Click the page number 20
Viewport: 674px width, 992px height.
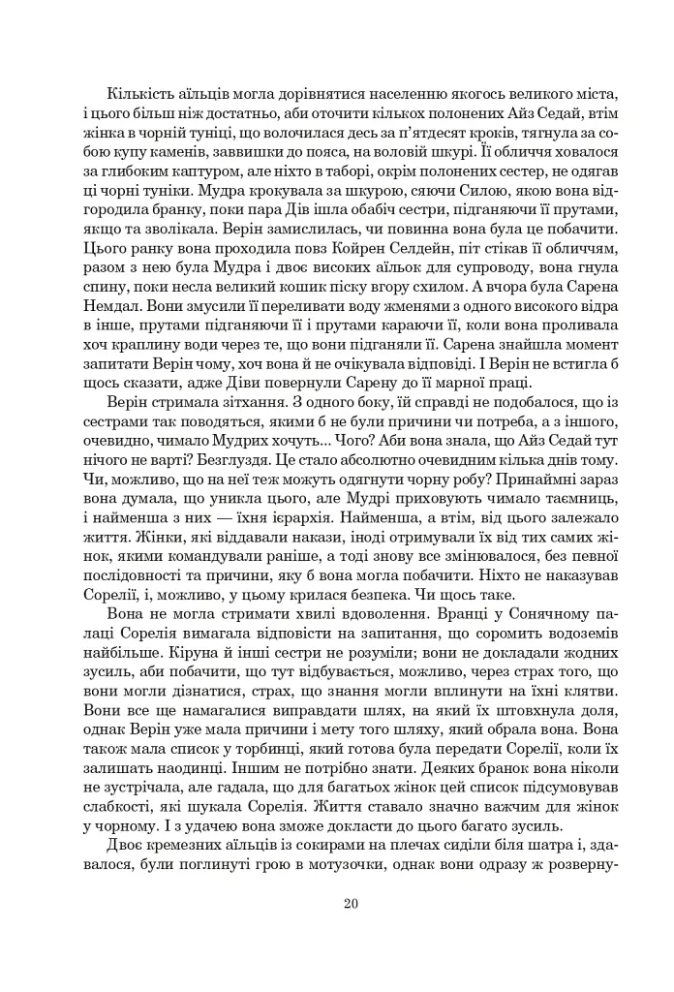click(350, 905)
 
